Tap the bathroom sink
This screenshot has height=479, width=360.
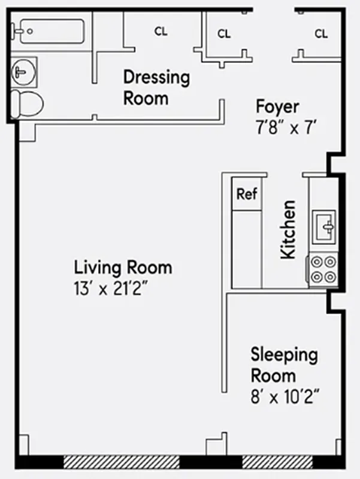click(23, 73)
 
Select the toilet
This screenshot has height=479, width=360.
click(28, 104)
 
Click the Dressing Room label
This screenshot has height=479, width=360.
click(156, 87)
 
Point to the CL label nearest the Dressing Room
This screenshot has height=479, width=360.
click(161, 32)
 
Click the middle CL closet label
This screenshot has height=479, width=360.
click(224, 34)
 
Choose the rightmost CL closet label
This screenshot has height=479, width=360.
click(321, 34)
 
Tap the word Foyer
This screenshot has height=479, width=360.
click(277, 107)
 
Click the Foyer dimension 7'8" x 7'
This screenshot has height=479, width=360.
click(285, 127)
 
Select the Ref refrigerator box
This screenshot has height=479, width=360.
click(246, 194)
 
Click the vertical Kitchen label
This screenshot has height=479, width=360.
click(288, 229)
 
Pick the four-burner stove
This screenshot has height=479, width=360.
click(323, 269)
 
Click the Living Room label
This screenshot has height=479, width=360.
click(123, 267)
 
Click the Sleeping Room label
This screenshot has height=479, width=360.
click(283, 365)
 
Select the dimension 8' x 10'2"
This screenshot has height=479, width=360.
click(285, 396)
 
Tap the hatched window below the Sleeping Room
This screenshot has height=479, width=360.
click(277, 462)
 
